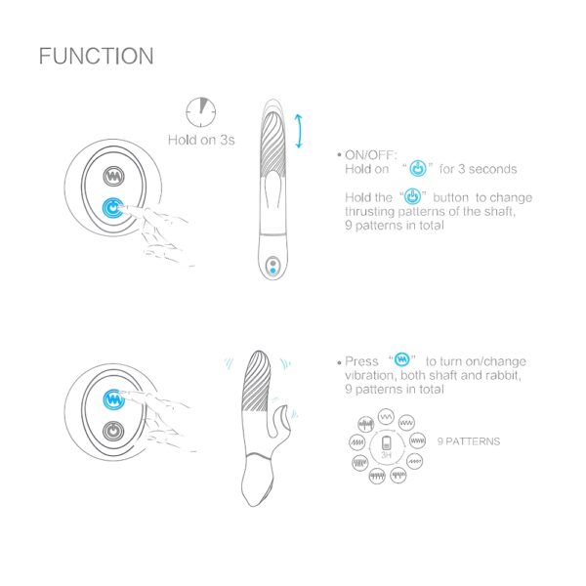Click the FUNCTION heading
pos(96,56)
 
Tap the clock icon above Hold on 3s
pos(201,112)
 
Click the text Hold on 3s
pos(201,140)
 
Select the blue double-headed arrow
pos(299,131)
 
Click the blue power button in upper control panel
pos(113,208)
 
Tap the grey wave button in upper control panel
pos(113,176)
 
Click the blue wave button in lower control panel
pos(113,399)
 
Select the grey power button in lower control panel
pos(113,432)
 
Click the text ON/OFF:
pos(370,154)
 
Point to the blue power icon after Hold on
pos(418,169)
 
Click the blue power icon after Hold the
pos(412,196)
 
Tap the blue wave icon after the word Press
pos(402,359)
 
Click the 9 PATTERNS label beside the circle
pos(469,441)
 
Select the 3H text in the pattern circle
pos(386,455)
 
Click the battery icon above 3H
pos(386,442)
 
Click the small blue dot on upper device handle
pos(272,271)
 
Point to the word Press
pos(361,361)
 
